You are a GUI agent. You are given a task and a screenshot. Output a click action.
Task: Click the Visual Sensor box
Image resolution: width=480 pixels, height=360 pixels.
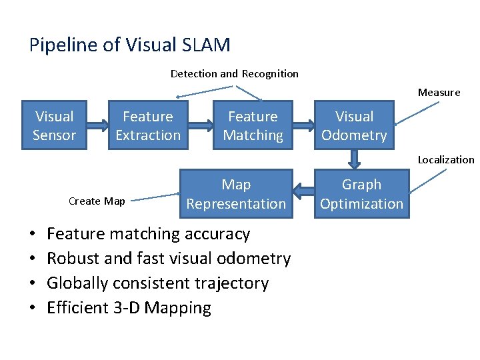[x=54, y=125]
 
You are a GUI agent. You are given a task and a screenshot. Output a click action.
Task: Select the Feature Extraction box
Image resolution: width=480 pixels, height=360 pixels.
[x=148, y=125]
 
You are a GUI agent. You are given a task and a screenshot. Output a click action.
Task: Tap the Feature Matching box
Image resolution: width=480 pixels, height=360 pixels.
[x=253, y=125]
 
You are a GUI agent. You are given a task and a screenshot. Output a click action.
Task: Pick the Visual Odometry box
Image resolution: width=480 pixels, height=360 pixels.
[x=354, y=125]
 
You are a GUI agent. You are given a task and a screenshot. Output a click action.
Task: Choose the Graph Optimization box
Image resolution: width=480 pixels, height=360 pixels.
[x=361, y=194]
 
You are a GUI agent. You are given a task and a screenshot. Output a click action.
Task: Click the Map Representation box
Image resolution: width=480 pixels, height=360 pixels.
[x=236, y=194]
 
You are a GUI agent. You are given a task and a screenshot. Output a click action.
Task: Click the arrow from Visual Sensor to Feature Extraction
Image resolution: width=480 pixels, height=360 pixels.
[x=98, y=125]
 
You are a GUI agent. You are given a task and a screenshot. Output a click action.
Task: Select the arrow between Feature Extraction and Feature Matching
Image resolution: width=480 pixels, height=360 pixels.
[x=201, y=125]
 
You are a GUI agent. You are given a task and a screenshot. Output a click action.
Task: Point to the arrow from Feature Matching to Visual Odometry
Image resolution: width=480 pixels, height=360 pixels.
[x=305, y=125]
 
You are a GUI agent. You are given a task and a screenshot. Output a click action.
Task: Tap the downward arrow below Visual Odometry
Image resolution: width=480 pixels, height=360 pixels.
[x=354, y=159]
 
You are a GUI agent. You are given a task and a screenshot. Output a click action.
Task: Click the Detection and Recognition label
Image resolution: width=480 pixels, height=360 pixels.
[x=234, y=73]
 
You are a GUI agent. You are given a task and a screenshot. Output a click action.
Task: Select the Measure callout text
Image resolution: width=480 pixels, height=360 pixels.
[x=439, y=93]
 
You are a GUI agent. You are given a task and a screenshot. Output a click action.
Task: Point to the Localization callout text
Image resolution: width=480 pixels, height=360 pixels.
[x=445, y=159]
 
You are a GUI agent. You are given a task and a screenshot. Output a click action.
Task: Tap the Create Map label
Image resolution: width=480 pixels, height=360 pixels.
[x=97, y=201]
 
